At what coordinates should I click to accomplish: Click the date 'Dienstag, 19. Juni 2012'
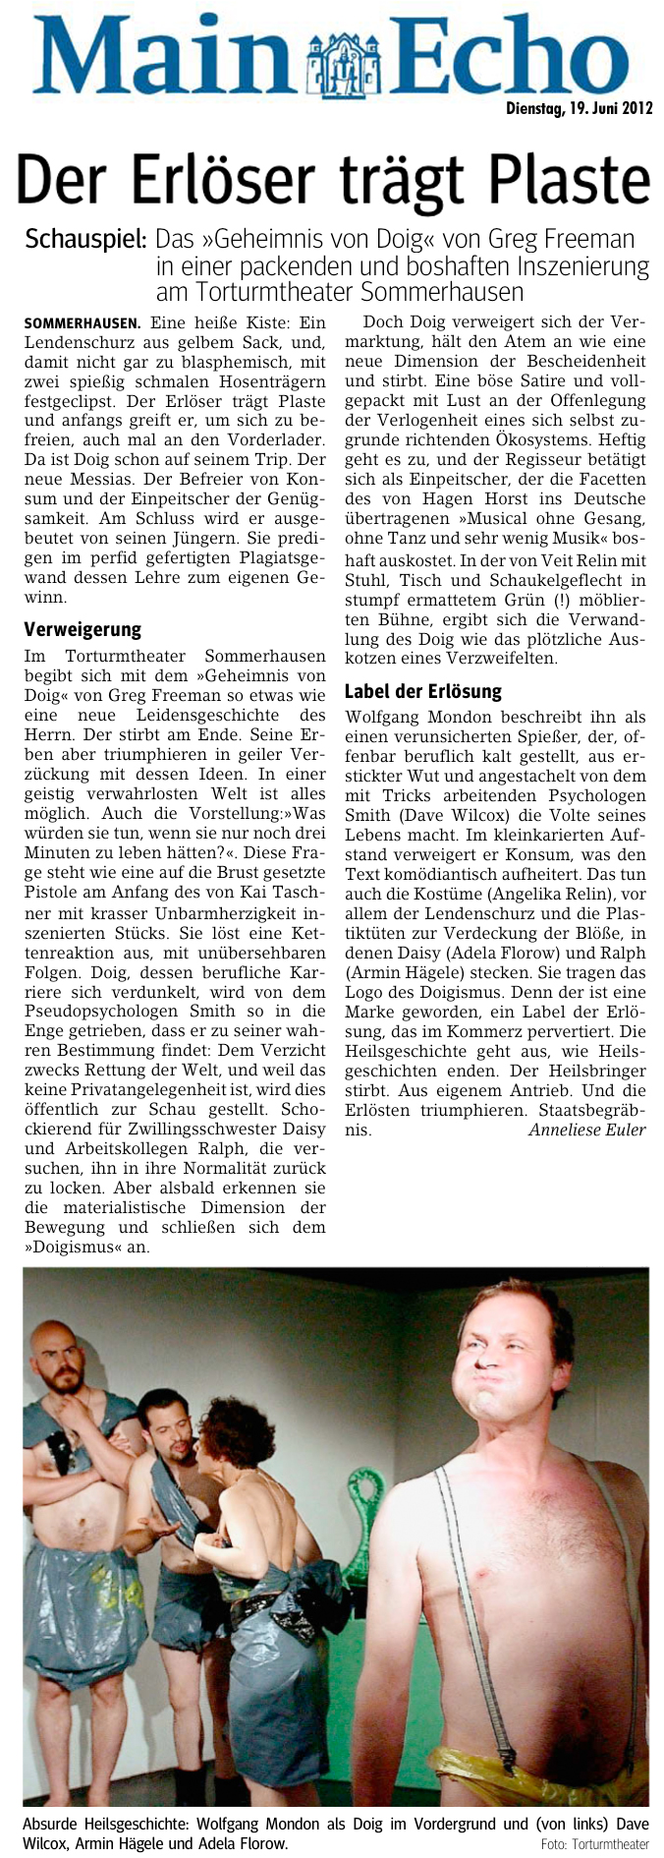578,108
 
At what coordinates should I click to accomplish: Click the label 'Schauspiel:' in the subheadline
86,240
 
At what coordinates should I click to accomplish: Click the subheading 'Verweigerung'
83,629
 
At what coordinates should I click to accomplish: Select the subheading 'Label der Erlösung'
423,691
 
